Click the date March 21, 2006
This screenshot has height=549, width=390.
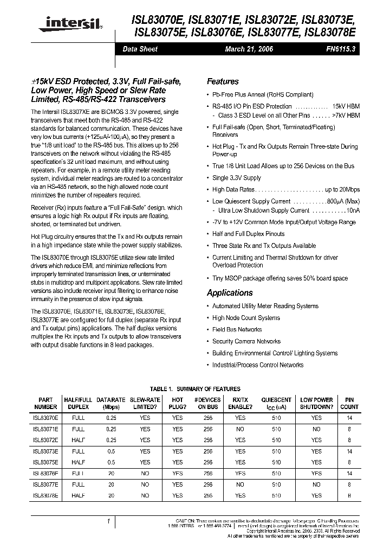[249, 49]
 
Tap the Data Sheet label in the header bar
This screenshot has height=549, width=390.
[140, 49]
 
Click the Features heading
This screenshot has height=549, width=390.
[223, 81]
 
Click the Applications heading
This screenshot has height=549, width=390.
[230, 292]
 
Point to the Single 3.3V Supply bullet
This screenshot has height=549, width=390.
[236, 178]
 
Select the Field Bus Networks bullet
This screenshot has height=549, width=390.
[237, 329]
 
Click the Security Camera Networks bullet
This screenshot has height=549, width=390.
[246, 341]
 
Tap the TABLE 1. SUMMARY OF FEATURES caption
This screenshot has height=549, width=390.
[194, 389]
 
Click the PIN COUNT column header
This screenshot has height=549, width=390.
[349, 403]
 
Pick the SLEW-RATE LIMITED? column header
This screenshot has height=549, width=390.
[145, 403]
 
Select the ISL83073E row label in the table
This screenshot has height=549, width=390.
[45, 451]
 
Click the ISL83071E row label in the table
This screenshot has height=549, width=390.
[45, 429]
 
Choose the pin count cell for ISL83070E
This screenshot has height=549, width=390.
[349, 418]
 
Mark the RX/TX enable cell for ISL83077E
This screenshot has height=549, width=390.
[240, 484]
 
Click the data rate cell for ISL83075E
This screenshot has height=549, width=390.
[111, 463]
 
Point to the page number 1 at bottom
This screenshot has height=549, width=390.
[109, 521]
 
